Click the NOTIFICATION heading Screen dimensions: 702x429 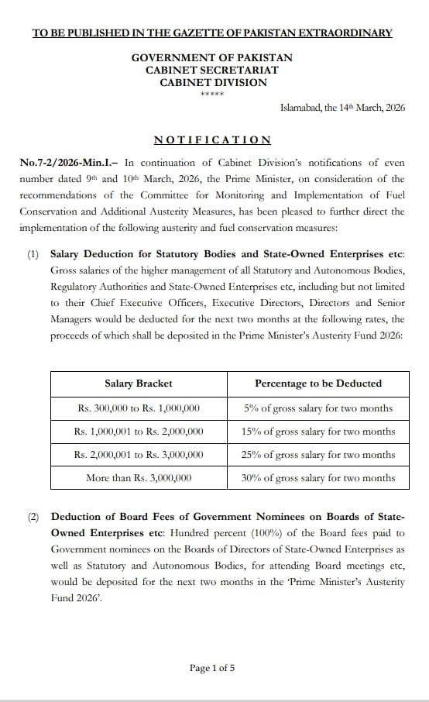coord(212,140)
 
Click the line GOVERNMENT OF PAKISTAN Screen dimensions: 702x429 coord(212,58)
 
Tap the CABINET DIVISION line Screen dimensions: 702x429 coord(213,83)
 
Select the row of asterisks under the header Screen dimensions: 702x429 coord(212,95)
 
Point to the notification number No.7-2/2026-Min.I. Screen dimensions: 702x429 coord(68,163)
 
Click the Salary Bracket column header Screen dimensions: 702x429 coord(139,384)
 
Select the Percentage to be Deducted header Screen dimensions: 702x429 coord(317,384)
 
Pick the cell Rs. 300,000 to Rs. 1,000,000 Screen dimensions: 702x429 coord(139,408)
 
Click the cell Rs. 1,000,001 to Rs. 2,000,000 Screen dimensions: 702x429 coord(139,432)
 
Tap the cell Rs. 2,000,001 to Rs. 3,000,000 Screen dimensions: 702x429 coord(139,455)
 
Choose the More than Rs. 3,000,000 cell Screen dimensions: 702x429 coord(139,478)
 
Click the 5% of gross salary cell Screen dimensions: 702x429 coord(317,408)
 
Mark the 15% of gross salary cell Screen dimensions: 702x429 coord(317,432)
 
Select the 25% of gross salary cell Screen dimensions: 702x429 coord(317,455)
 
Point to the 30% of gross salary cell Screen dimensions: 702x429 coord(317,478)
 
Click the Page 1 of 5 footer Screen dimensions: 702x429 coord(212,668)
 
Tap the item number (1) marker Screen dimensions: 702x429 coord(33,254)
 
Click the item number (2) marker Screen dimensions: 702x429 coord(33,517)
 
